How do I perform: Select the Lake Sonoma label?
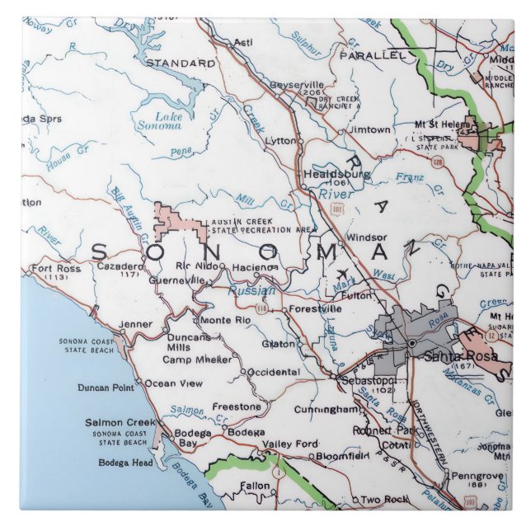167,121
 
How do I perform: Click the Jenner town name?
135,325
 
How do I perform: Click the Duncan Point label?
106,388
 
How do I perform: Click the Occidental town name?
273,373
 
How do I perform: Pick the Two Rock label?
384,500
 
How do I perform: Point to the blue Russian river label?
251,290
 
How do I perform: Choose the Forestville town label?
315,309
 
